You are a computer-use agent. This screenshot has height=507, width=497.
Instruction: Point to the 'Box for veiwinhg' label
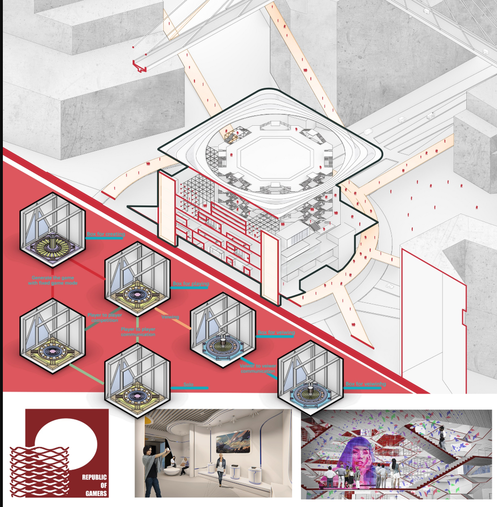[366, 384]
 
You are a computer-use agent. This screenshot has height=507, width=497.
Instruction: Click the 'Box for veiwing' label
[276, 333]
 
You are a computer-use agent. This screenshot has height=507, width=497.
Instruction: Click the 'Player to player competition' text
[103, 317]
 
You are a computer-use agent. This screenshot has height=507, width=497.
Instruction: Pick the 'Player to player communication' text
[138, 331]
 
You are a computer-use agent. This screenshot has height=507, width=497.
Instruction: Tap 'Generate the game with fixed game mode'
[52, 280]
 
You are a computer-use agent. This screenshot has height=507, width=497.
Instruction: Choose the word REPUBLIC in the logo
[95, 477]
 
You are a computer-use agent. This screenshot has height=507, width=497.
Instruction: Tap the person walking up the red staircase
[442, 438]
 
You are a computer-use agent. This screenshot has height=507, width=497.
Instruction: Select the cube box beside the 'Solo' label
[136, 380]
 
